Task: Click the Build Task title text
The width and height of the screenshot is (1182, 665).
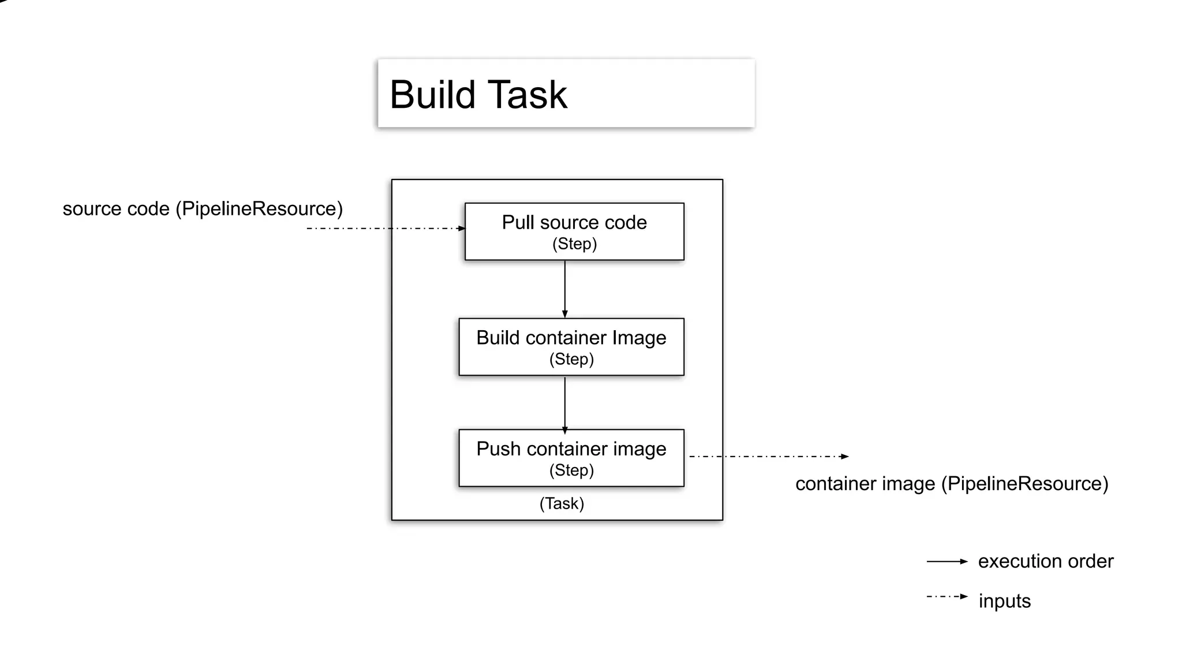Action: coord(478,95)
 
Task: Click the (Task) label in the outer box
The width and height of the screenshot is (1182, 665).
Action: coord(562,503)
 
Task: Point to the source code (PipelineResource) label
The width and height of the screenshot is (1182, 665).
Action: coord(203,208)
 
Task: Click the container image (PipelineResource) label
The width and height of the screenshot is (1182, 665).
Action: coord(952,484)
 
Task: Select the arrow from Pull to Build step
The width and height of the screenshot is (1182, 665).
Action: coord(564,289)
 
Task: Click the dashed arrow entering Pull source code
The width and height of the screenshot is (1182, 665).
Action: coord(386,229)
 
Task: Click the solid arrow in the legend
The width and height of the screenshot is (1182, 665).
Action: coord(947,561)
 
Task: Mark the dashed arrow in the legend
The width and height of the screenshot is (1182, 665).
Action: coord(947,596)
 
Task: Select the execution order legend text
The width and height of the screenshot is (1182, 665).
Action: coord(1045,561)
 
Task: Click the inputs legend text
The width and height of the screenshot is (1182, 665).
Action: coord(1004,601)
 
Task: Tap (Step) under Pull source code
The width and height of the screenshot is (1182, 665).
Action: coord(574,244)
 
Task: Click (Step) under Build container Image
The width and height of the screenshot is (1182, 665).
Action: coord(571,359)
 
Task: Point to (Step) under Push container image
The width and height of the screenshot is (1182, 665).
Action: coord(571,470)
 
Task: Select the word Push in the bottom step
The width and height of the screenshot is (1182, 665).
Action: coord(498,449)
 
